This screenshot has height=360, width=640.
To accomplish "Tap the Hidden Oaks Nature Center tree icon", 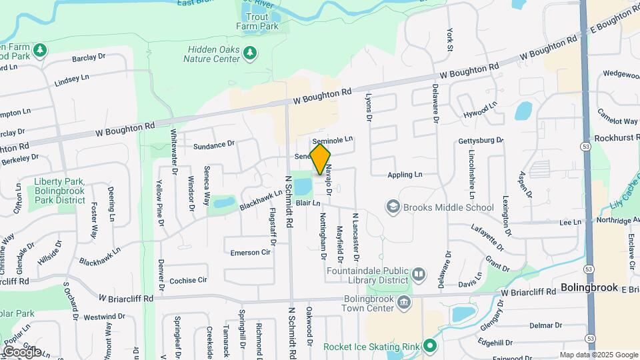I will pyautogui.click(x=250, y=52).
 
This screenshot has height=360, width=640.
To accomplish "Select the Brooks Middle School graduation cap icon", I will pyautogui.click(x=393, y=207).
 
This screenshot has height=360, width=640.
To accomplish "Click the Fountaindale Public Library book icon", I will pyautogui.click(x=418, y=274).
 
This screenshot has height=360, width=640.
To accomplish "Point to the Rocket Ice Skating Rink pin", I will pyautogui.click(x=430, y=346).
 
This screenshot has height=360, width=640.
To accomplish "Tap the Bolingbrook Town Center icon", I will pyautogui.click(x=404, y=303).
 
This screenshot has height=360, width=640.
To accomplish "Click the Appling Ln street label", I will pyautogui.click(x=406, y=175).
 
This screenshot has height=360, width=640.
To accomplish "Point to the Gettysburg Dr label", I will pyautogui.click(x=480, y=141).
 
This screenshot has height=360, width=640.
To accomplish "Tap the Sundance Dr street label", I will pyautogui.click(x=214, y=144).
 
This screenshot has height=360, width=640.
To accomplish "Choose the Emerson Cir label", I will pyautogui.click(x=251, y=253).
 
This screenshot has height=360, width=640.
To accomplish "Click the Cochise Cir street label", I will pyautogui.click(x=189, y=281).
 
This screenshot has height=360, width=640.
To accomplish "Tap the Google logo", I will pyautogui.click(x=21, y=351).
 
